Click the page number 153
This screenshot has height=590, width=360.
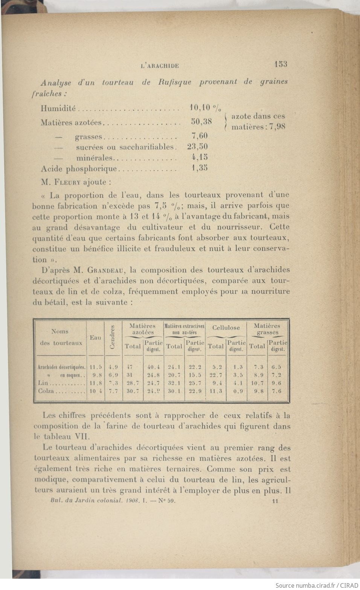pyautogui.click(x=281, y=64)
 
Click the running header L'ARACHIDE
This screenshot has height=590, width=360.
pyautogui.click(x=160, y=66)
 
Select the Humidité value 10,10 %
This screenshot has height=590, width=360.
pyautogui.click(x=205, y=108)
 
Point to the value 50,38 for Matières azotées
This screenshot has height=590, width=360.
pyautogui.click(x=201, y=122)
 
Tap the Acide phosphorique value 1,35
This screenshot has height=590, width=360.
pyautogui.click(x=200, y=168)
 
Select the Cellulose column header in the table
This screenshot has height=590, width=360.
pyautogui.click(x=226, y=327)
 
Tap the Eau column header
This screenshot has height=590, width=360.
pyautogui.click(x=95, y=338)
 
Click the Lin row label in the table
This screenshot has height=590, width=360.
pyautogui.click(x=43, y=383)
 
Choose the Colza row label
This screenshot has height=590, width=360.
pyautogui.click(x=46, y=391)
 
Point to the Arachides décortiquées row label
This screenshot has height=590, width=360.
pyautogui.click(x=62, y=367)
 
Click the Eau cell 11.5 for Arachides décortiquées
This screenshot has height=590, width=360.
pyautogui.click(x=96, y=367)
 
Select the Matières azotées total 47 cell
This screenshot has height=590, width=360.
pyautogui.click(x=130, y=367)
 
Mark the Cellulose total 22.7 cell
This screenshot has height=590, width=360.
pyautogui.click(x=216, y=375)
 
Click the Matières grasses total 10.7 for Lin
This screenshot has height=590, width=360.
pyautogui.click(x=257, y=383)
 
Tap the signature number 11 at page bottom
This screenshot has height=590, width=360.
pyautogui.click(x=275, y=501)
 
